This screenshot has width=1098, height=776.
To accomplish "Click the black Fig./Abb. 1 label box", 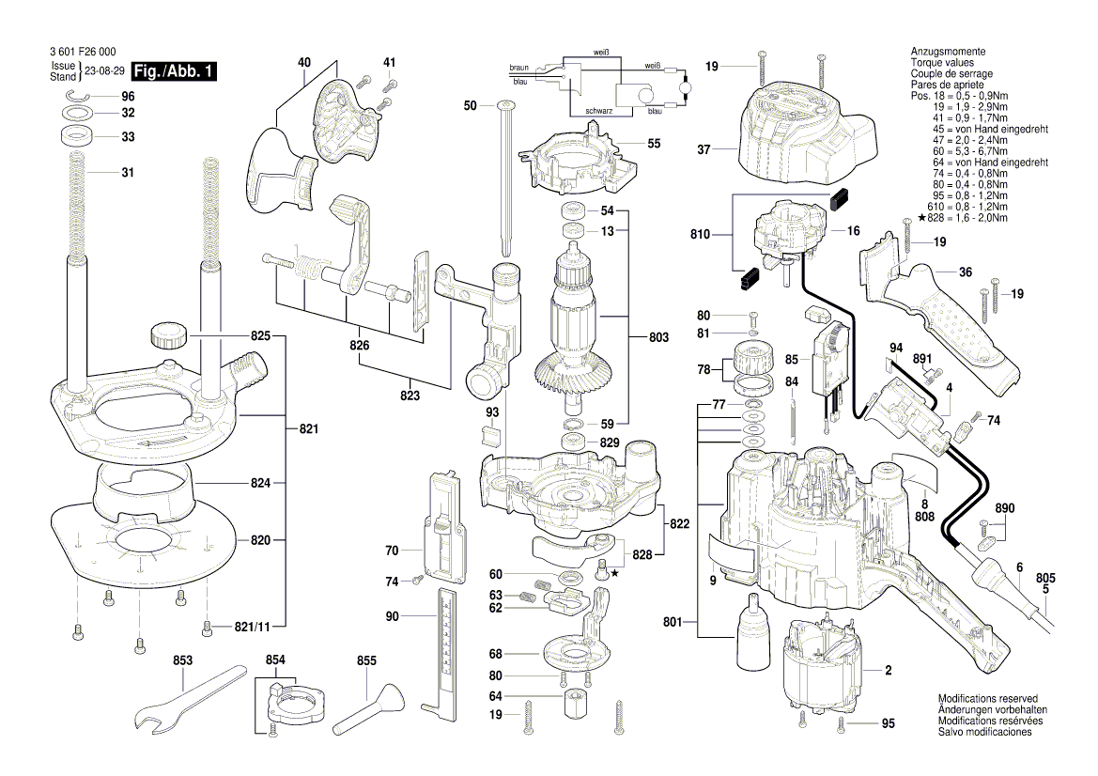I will coord(176,71).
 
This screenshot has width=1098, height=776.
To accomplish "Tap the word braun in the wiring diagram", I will coord(518,69).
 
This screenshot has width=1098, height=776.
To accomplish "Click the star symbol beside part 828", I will coord(615,572).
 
